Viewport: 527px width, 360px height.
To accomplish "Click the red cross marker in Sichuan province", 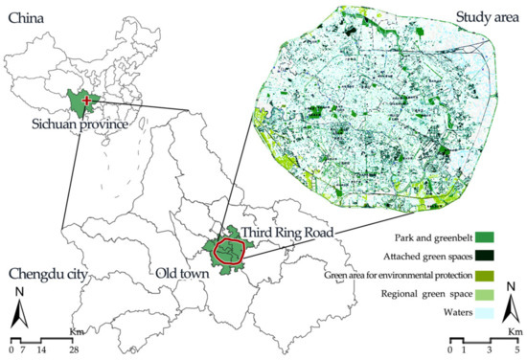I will tap(87, 100).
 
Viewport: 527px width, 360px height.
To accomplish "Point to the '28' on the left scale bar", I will tap(74, 350).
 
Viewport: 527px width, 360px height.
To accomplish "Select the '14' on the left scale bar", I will tap(41, 350).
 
